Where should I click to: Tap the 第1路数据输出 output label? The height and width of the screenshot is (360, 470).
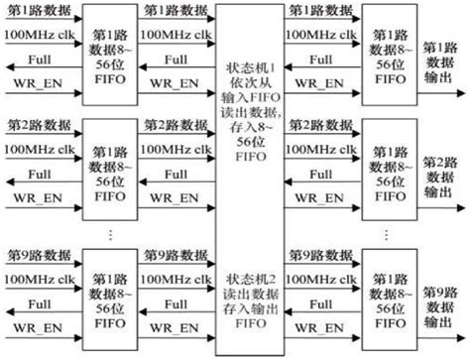point(441,61)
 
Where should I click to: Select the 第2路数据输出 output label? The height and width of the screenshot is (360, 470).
point(441,176)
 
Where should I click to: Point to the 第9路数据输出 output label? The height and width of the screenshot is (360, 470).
point(441,304)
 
